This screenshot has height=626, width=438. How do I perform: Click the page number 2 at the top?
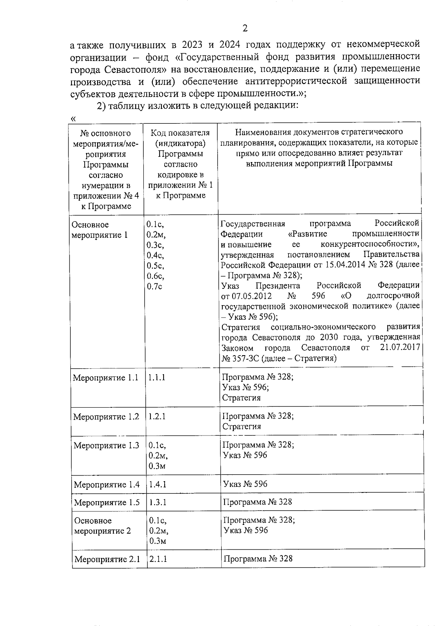[x=245, y=28]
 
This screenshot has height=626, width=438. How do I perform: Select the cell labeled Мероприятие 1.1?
[x=106, y=377]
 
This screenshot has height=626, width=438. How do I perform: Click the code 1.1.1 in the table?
[x=157, y=377]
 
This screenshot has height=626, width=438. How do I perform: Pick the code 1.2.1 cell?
[x=157, y=416]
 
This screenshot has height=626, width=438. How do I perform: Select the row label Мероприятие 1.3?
[x=106, y=445]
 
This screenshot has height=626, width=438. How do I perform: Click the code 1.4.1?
[x=158, y=484]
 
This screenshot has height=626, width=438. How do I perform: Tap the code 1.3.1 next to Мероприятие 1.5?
[x=158, y=502]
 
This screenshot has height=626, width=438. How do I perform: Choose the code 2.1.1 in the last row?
[x=158, y=559]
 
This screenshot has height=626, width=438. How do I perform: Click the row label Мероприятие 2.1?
[x=107, y=559]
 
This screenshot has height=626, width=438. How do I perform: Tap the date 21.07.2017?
[x=400, y=347]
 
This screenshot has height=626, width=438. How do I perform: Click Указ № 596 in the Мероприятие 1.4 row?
[x=245, y=484]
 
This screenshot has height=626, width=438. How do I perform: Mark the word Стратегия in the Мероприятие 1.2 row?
[x=242, y=426]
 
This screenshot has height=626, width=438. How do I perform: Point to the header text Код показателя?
[x=180, y=133]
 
